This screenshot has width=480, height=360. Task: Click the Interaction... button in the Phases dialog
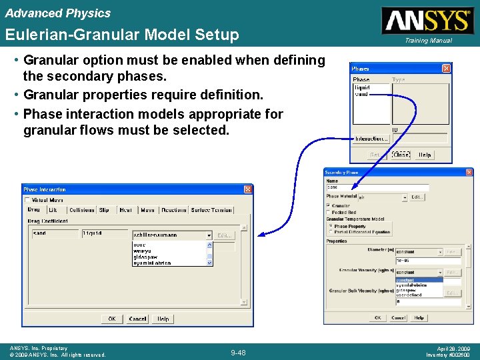pyautogui.click(x=371, y=139)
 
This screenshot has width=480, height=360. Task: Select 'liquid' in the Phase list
pyautogui.click(x=362, y=87)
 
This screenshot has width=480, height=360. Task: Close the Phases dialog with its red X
pyautogui.click(x=447, y=68)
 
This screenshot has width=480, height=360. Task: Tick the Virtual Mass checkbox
pyautogui.click(x=27, y=199)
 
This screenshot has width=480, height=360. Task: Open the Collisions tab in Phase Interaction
pyautogui.click(x=82, y=210)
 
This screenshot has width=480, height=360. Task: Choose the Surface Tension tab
pyautogui.click(x=211, y=210)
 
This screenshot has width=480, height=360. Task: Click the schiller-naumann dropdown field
pyautogui.click(x=172, y=235)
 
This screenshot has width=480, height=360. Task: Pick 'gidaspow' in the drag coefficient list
pyautogui.click(x=146, y=257)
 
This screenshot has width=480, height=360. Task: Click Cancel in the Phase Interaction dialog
pyautogui.click(x=137, y=319)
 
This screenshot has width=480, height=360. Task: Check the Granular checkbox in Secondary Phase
pyautogui.click(x=328, y=206)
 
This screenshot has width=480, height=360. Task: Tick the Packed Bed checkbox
pyautogui.click(x=328, y=212)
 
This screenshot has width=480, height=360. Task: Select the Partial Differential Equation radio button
pyautogui.click(x=330, y=232)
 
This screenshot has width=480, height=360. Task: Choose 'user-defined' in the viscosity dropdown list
pyautogui.click(x=409, y=295)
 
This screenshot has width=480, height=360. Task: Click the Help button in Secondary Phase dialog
pyautogui.click(x=419, y=317)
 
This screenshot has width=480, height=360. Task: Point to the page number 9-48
pyautogui.click(x=238, y=353)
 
